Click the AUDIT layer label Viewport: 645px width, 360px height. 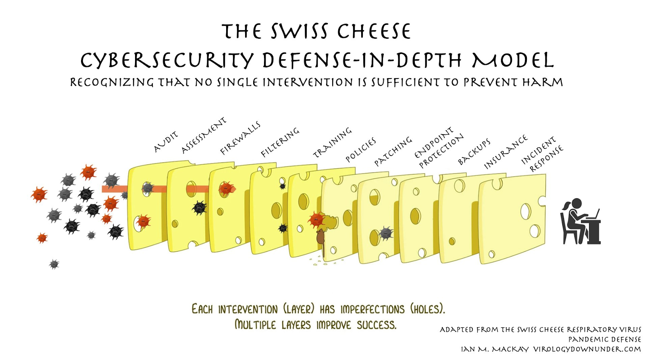point(165,142)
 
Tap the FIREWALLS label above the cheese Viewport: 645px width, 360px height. point(240,138)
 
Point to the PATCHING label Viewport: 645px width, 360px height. point(393,151)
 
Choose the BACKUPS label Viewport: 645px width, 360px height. point(474,152)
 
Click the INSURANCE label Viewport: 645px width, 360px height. point(506,152)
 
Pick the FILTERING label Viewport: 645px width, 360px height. point(280,142)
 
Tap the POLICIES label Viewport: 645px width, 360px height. point(361,150)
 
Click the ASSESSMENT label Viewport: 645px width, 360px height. point(204,135)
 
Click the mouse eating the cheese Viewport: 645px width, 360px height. point(320,238)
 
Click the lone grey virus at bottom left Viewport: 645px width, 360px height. point(54,264)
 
